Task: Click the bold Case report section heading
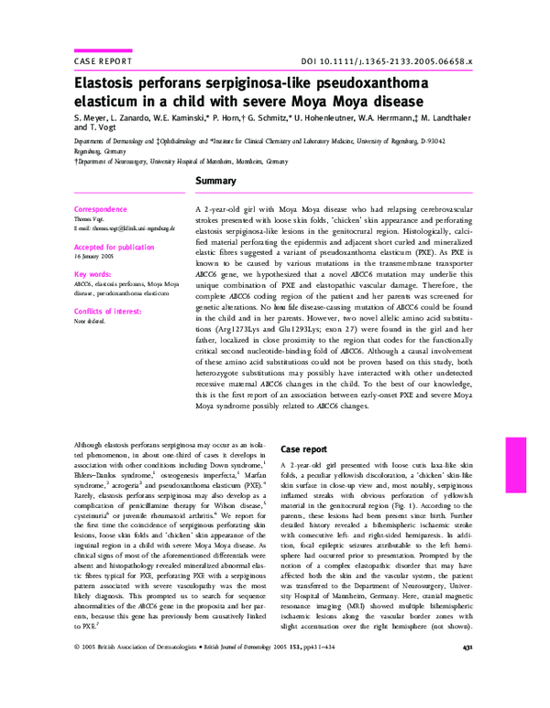point(303,450)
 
